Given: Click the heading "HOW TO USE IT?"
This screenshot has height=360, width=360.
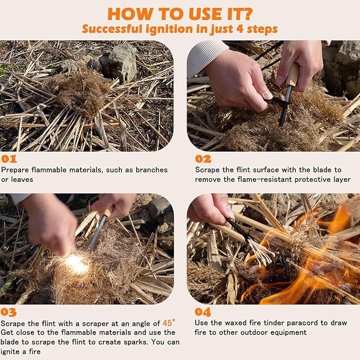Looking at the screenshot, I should click(180, 13).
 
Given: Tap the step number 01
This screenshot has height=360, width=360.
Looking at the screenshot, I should click(9, 159).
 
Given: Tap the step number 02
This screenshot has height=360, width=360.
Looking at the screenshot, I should click(203, 159).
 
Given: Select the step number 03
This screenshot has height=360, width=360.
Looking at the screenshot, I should click(9, 312).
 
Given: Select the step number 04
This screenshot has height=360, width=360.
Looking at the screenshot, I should click(203, 312).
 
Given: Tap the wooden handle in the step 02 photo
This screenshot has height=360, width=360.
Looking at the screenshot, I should click(292, 74).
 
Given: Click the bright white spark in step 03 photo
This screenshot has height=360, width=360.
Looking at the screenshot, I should click(76, 264).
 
